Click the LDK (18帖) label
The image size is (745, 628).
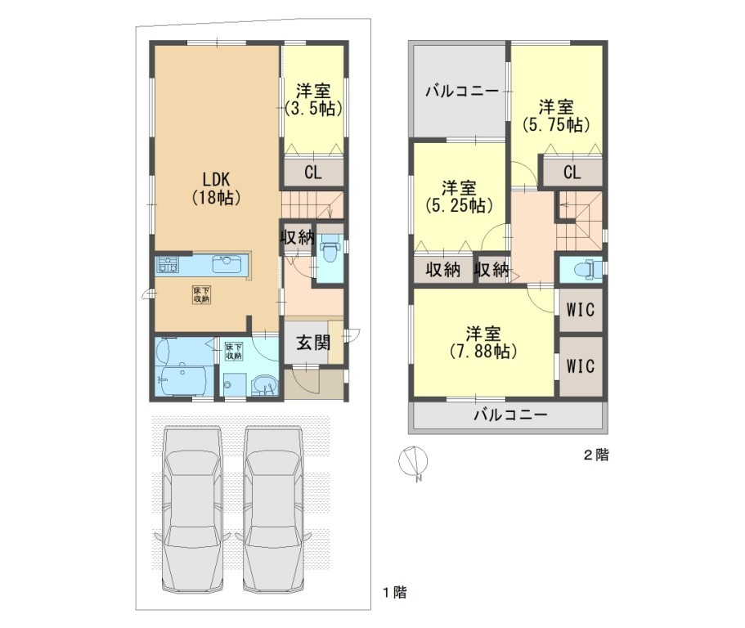216,188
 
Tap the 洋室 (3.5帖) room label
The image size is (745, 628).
313,100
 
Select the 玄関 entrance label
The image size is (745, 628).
313,343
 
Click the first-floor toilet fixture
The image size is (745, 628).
329,252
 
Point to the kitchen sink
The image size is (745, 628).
227,264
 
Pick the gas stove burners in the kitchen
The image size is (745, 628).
167,264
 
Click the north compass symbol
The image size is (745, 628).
413,461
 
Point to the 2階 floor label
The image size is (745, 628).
596,455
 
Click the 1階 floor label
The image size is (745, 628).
395,592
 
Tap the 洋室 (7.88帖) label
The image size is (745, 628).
482,342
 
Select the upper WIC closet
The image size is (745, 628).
581,310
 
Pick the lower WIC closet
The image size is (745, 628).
581,366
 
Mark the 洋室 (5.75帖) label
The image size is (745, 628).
556,115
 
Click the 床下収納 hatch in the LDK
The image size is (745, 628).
201,294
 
